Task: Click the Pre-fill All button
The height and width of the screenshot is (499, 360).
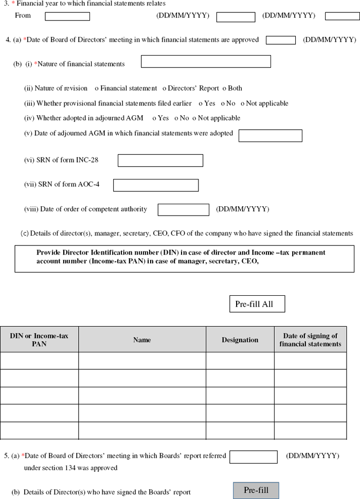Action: coord(257,304)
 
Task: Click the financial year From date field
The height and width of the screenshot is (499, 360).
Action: coord(67,16)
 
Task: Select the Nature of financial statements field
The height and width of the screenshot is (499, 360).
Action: coord(206,62)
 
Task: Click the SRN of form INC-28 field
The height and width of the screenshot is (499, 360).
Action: coord(160,161)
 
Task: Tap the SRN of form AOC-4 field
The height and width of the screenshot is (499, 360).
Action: coord(156,185)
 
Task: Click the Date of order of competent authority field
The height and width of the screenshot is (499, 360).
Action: coord(183,210)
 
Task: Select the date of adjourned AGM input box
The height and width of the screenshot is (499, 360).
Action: coord(270,135)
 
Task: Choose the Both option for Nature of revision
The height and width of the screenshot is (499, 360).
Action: coord(225,88)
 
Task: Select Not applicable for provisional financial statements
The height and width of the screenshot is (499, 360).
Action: coord(243,103)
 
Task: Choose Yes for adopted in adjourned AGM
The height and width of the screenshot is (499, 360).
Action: coord(154,118)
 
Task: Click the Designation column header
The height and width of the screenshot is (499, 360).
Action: coord(240,340)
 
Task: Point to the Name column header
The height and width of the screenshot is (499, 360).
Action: coord(142,340)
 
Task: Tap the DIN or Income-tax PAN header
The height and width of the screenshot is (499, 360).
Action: coord(39,340)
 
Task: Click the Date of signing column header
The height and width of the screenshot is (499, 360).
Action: coord(310,340)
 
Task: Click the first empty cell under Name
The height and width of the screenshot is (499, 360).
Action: coord(142,361)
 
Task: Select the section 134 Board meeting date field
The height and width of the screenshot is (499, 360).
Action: coord(253,457)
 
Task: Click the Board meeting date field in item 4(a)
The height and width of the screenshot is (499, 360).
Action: coord(281,40)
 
